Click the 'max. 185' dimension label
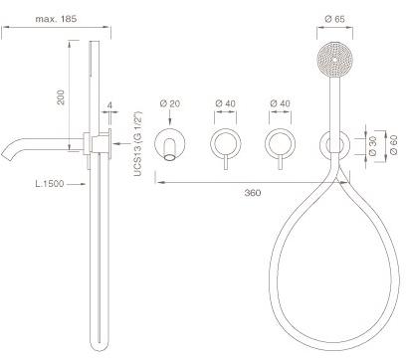coord(56,19)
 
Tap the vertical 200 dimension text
coord(61,97)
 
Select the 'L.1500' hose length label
coord(50,184)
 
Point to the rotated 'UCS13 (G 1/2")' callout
coord(137,144)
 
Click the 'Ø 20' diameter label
coord(170,103)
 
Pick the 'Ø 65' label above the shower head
coord(334,19)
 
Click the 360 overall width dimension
coord(253,193)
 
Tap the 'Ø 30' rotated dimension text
coord(372,146)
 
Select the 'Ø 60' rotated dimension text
coord(393,146)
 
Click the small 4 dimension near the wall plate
coord(109,105)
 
